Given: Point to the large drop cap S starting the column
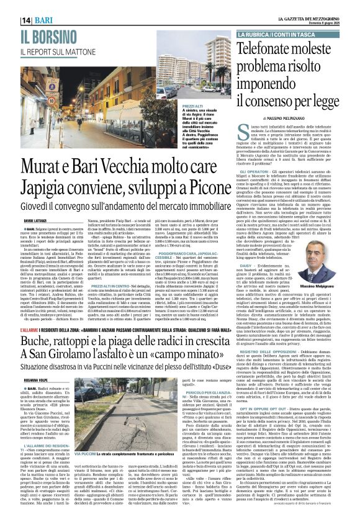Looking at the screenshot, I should point(227,130).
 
